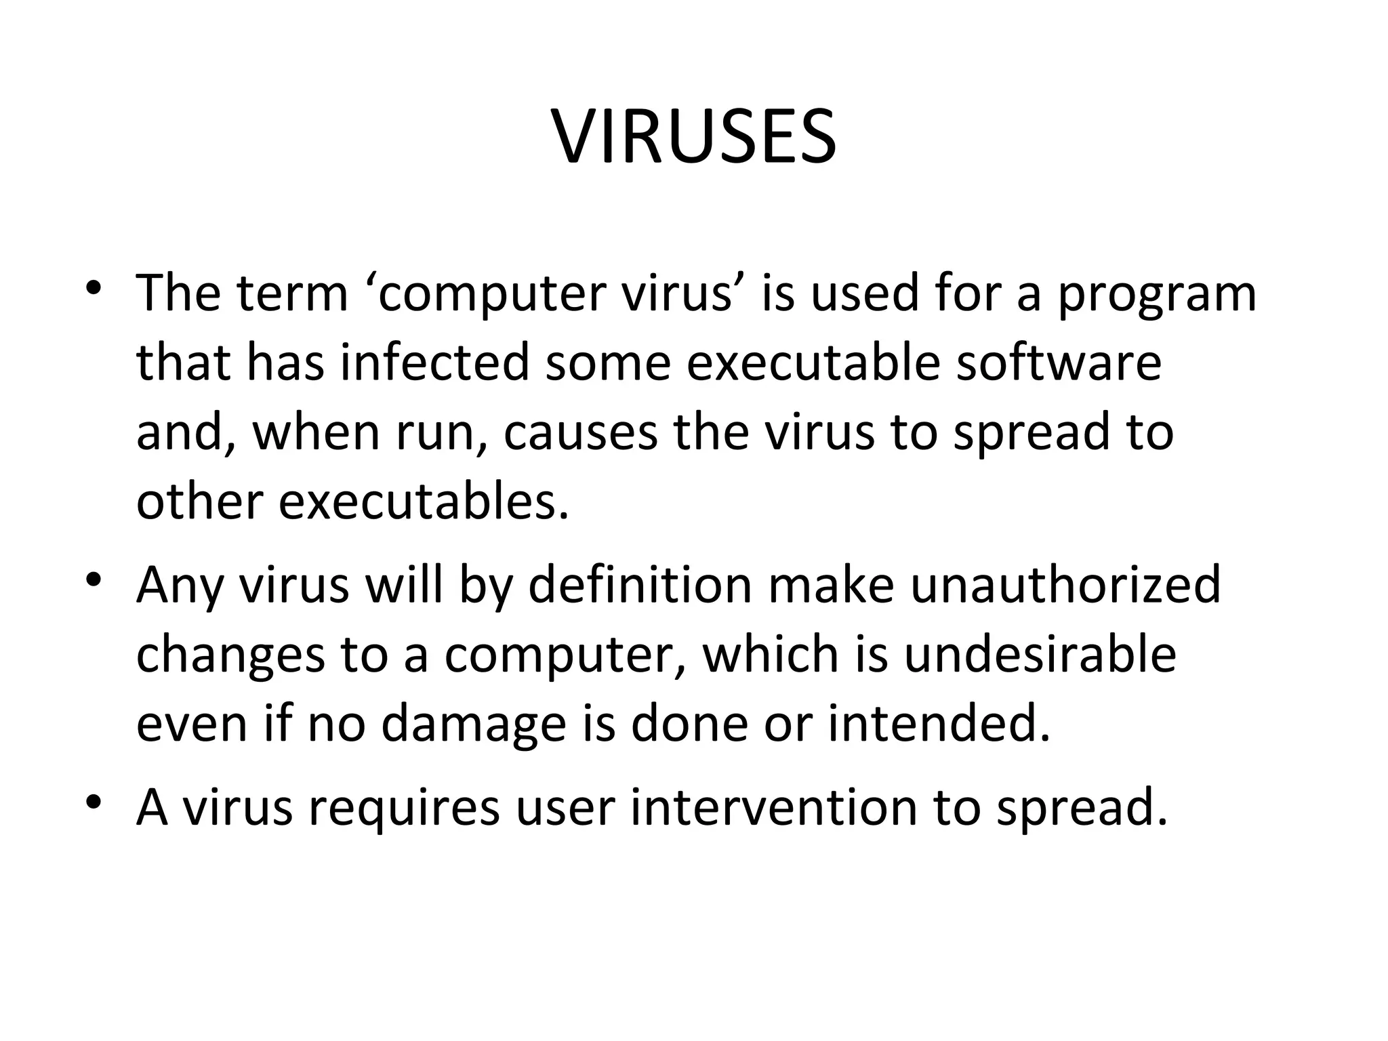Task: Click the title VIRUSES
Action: tap(694, 137)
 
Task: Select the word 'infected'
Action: tap(434, 363)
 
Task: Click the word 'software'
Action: tap(1059, 363)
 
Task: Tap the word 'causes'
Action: tap(580, 434)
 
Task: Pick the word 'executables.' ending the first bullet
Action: tap(423, 503)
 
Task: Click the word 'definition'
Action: tap(640, 586)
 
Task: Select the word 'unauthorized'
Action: tap(1065, 586)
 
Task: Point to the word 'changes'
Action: tap(230, 656)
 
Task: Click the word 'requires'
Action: tap(404, 809)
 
